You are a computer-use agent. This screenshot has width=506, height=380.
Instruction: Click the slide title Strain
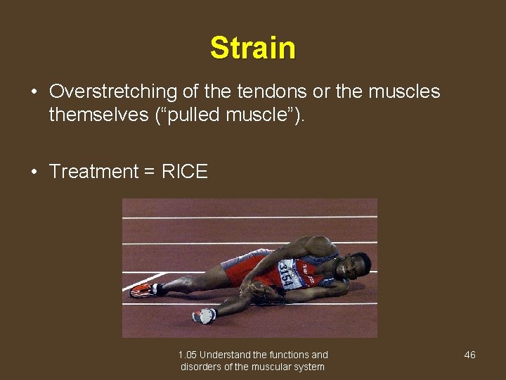click(252, 48)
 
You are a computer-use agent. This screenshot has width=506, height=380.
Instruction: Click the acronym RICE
click(184, 172)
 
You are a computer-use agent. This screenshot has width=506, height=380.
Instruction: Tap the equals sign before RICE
click(149, 172)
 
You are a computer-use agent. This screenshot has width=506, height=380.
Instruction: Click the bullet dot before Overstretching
click(33, 92)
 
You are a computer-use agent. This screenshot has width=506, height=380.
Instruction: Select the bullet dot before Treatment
click(33, 172)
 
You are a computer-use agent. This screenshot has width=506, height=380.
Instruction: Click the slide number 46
click(469, 355)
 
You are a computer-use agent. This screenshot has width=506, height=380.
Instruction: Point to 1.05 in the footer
click(188, 355)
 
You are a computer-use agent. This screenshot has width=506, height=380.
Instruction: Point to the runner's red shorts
click(239, 268)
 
